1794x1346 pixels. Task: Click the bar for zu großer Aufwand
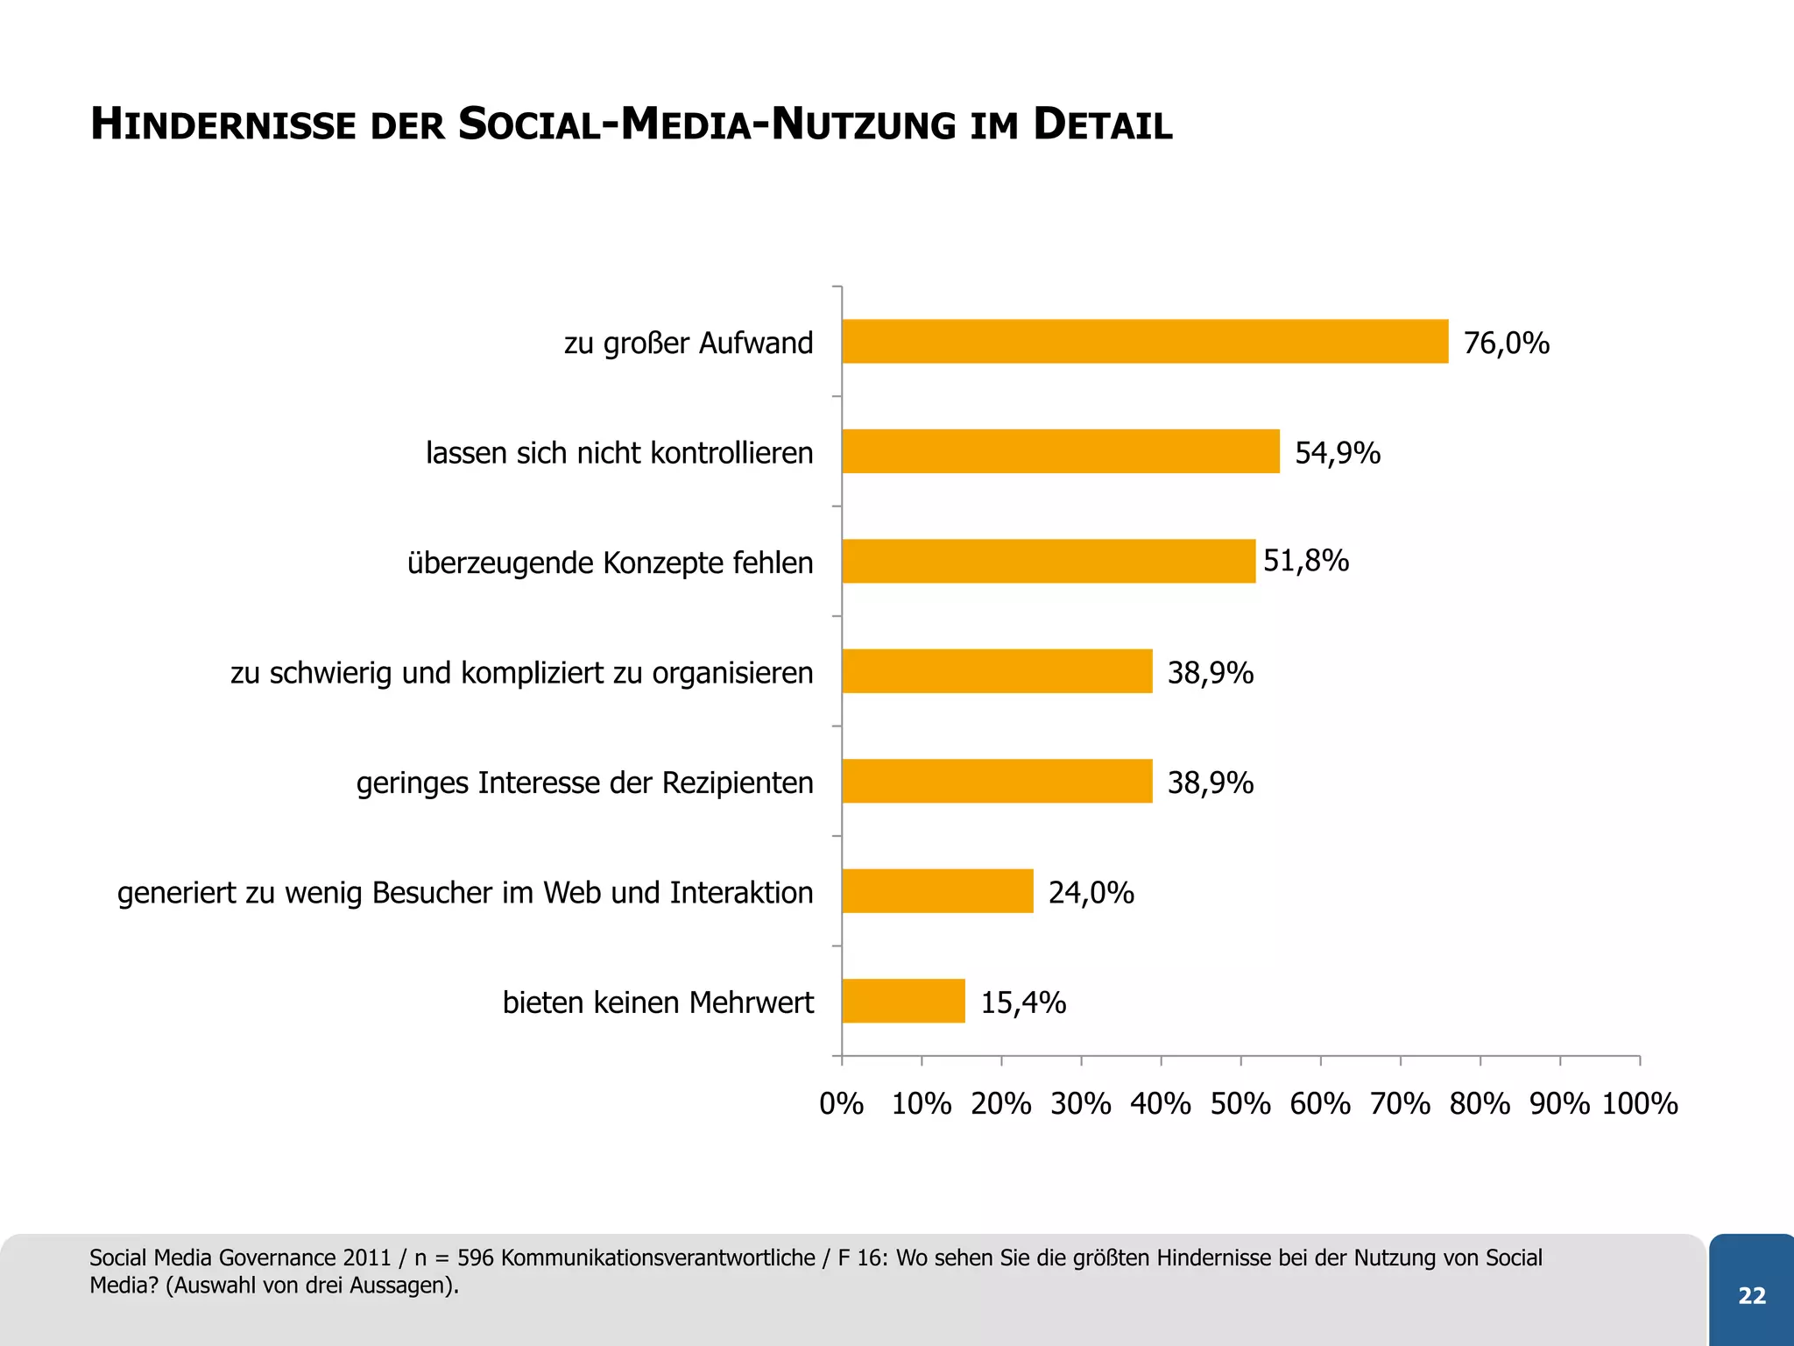tap(1144, 342)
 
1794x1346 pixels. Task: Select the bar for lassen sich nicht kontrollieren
tap(1060, 451)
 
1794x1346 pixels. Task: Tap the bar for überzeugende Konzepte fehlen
tap(1048, 562)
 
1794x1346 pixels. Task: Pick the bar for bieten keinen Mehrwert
tap(903, 1001)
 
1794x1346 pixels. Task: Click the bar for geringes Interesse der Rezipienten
tap(997, 781)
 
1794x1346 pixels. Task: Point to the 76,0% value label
tap(1506, 343)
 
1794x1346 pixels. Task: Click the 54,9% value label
tap(1337, 453)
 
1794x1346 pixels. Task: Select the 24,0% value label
tap(1091, 893)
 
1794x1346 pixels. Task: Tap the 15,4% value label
tap(1022, 1002)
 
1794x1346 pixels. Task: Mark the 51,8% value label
tap(1305, 561)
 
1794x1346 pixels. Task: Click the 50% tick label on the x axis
tap(1240, 1103)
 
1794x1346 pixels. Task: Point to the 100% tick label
tap(1639, 1103)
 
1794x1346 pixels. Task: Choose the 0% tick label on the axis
tap(841, 1103)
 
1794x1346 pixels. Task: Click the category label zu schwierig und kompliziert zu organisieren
tap(521, 673)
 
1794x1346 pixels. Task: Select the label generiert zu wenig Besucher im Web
tap(464, 893)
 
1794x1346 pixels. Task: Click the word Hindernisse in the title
tap(222, 124)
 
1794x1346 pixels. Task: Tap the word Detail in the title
tap(1102, 124)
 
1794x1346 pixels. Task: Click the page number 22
tap(1751, 1295)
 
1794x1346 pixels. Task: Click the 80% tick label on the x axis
tap(1480, 1103)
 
